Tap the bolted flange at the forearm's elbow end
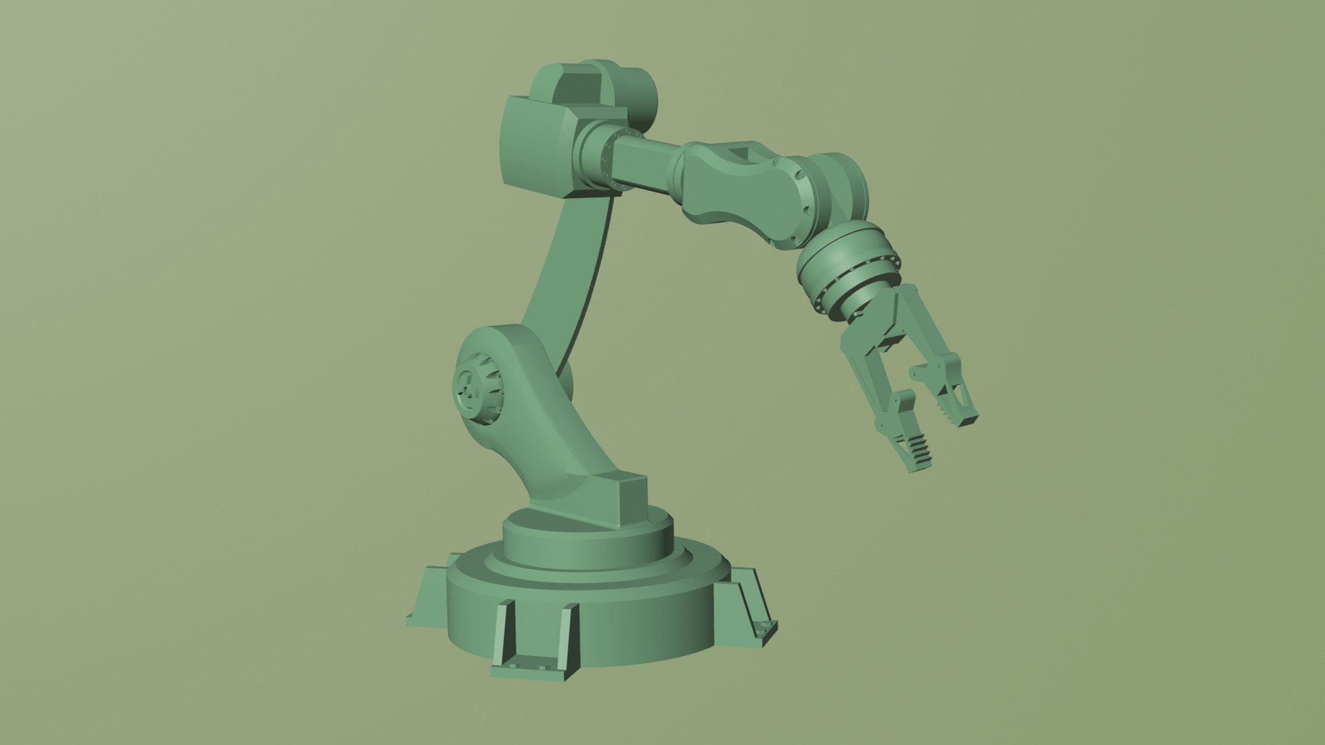(607, 159)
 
